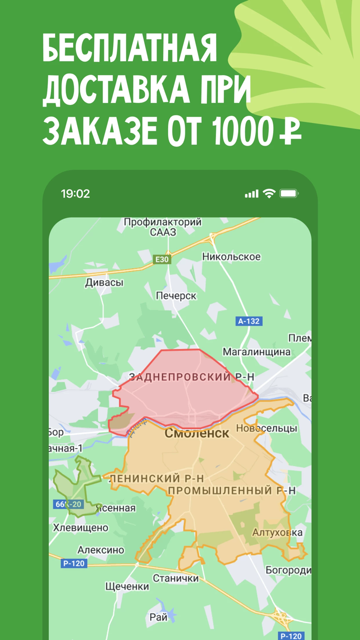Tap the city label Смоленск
(197, 433)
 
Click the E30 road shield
(162, 259)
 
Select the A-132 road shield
(249, 321)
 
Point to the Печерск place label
(176, 296)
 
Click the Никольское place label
(231, 257)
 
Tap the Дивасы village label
(104, 282)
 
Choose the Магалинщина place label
(256, 352)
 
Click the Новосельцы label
(266, 428)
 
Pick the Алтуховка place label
(277, 532)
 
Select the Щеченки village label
(127, 586)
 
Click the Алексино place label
(101, 550)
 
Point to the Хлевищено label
(81, 528)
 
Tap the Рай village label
(158, 617)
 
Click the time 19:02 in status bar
(75, 194)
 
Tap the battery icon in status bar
(289, 194)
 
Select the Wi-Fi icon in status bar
(269, 193)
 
